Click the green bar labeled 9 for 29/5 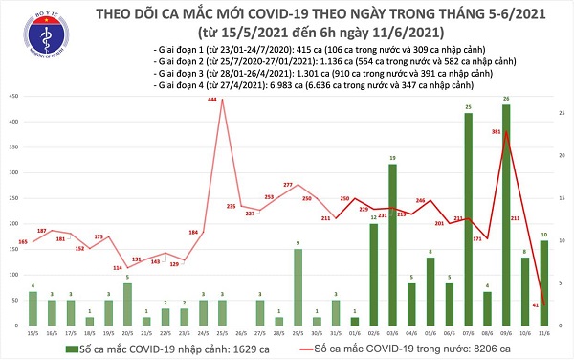pos(298,286)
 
